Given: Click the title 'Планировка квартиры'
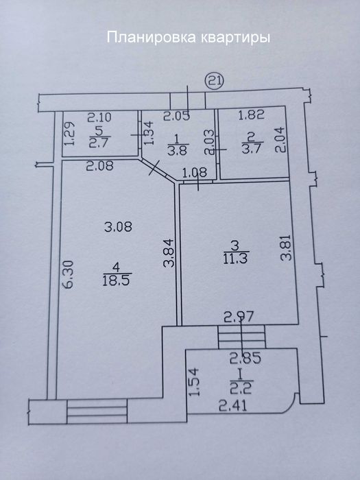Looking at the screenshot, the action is tap(189, 38).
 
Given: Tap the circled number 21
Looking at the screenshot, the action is tap(215, 82).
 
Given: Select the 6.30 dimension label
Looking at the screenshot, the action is tap(69, 274).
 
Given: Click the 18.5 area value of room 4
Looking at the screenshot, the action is tap(117, 281).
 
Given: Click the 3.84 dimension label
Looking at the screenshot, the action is tap(169, 253).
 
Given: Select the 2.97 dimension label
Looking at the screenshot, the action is tap(239, 317).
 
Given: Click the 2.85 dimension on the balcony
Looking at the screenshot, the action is tap(245, 358).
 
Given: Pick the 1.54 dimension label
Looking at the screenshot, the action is tap(195, 383).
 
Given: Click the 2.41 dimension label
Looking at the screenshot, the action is tap(233, 406).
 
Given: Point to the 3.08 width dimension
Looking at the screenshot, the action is tap(118, 227).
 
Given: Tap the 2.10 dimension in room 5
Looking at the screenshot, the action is tap(99, 117).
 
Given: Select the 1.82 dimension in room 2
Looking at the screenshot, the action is tap(251, 115).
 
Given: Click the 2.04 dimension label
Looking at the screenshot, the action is tap(282, 140).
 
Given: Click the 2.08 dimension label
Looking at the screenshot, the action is tap(100, 166).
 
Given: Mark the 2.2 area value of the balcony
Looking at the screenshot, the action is tap(241, 388).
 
